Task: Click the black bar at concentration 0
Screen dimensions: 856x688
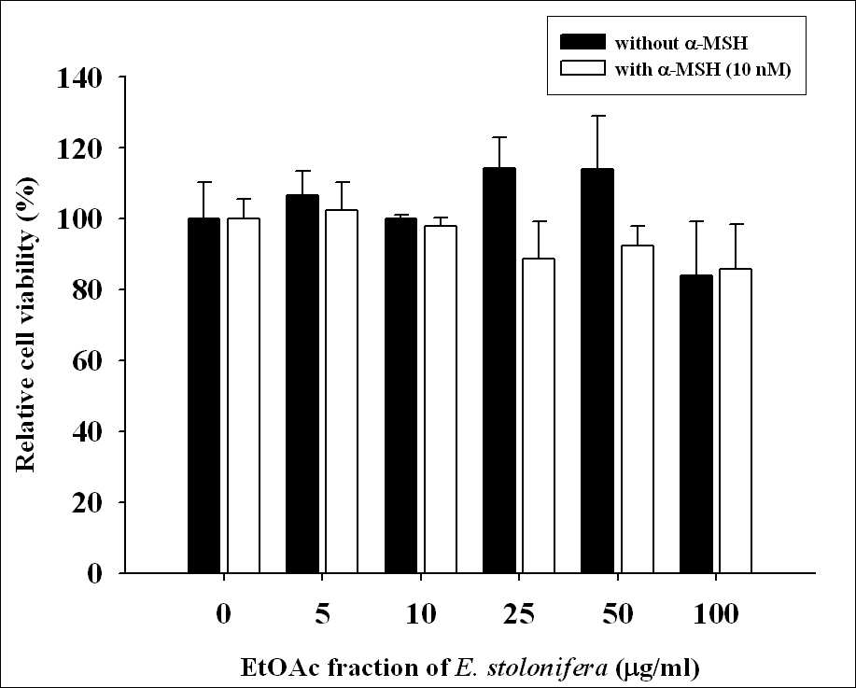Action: tap(203, 395)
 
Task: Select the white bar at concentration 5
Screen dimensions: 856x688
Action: tap(342, 391)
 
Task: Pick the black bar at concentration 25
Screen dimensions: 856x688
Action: tap(499, 371)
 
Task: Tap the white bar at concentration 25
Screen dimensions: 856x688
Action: tap(539, 415)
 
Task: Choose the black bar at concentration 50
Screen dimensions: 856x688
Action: tap(597, 371)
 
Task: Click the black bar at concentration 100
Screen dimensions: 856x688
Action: tap(696, 424)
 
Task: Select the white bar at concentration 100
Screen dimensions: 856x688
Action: tap(736, 421)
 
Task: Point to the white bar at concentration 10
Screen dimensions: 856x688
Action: tap(440, 400)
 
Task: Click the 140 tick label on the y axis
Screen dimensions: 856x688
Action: tap(79, 78)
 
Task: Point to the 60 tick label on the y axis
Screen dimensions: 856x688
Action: tap(88, 361)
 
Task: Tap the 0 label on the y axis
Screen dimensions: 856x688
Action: tap(95, 573)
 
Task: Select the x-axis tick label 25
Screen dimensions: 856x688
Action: tap(519, 614)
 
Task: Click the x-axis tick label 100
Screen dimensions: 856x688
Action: tap(716, 614)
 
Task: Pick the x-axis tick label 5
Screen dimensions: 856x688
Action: tap(323, 614)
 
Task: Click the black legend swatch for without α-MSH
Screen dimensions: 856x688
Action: tap(583, 42)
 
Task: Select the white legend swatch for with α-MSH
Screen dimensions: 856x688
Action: tap(583, 68)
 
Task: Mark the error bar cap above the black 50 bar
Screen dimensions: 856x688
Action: tap(597, 116)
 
